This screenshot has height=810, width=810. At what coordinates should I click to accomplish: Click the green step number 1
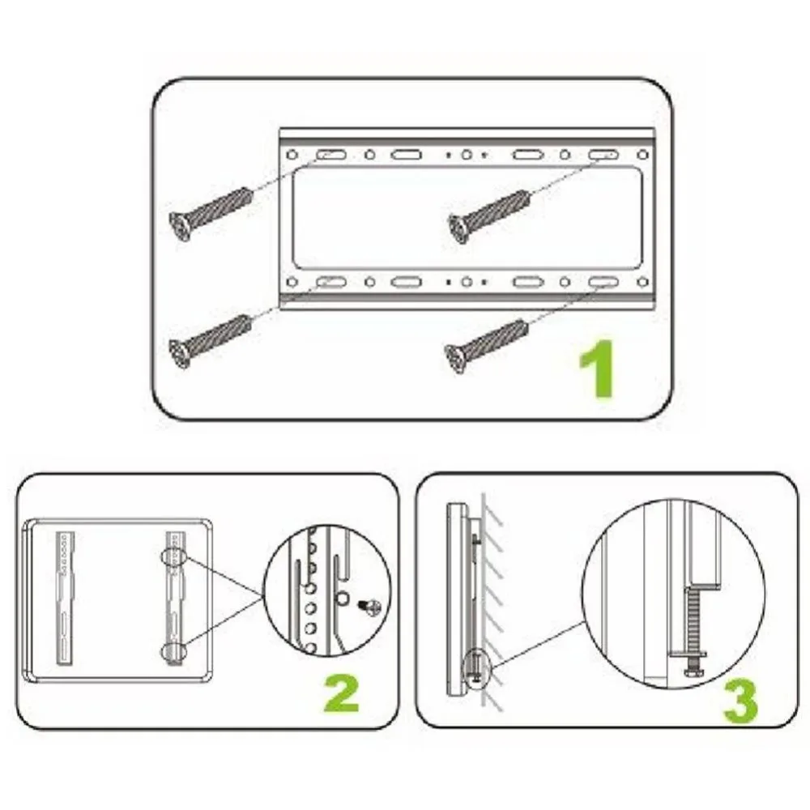599,369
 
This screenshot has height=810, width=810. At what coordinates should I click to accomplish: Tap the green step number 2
342,693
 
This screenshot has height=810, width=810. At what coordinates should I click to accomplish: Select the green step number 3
740,700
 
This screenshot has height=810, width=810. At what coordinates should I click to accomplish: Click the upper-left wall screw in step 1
211,213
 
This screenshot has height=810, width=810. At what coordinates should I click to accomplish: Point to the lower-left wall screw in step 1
210,341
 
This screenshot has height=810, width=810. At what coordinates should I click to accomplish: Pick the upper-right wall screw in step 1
488,216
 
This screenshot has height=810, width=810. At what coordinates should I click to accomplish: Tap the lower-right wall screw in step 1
487,346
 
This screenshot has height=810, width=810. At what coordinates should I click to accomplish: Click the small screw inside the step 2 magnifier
370,607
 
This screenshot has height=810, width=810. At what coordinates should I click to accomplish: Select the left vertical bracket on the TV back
66,598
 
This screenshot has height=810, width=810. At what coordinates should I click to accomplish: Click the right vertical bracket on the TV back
175,598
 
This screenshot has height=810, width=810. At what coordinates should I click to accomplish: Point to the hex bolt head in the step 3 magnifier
692,671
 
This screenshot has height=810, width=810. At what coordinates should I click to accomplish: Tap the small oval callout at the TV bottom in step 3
476,669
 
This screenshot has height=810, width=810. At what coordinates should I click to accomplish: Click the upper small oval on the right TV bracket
173,557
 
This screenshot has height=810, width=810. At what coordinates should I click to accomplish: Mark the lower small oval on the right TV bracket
173,651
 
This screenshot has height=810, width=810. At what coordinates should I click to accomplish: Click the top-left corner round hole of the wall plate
292,155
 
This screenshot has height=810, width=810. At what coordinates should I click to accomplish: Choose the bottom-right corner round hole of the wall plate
642,282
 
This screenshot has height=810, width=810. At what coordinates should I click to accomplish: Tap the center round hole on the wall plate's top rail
467,155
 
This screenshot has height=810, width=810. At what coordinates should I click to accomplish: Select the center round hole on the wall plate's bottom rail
467,282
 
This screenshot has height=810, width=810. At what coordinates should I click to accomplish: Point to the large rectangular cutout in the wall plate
467,217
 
